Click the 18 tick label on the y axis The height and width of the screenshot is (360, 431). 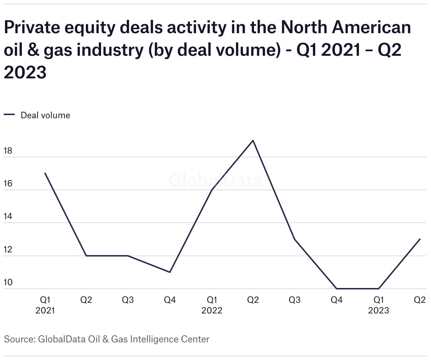click(x=8, y=151)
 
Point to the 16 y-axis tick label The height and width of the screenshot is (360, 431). click(x=8, y=184)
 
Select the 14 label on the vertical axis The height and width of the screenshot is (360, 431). click(x=8, y=217)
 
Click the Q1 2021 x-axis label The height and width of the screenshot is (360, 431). click(x=45, y=305)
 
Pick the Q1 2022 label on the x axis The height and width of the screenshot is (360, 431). click(x=212, y=305)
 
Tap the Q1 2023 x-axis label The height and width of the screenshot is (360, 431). click(x=378, y=305)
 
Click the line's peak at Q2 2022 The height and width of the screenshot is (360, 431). click(x=253, y=140)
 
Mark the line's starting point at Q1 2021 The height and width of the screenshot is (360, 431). click(x=45, y=173)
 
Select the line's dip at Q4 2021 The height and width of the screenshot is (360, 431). click(x=170, y=272)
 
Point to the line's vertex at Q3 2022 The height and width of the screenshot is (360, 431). click(x=295, y=239)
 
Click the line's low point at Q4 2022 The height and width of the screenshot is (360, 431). click(x=336, y=289)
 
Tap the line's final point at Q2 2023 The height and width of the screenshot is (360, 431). click(x=420, y=239)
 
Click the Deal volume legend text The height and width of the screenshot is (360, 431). click(x=46, y=115)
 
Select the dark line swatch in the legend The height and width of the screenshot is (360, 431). click(x=9, y=115)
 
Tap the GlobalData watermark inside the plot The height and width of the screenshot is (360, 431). click(x=215, y=180)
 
